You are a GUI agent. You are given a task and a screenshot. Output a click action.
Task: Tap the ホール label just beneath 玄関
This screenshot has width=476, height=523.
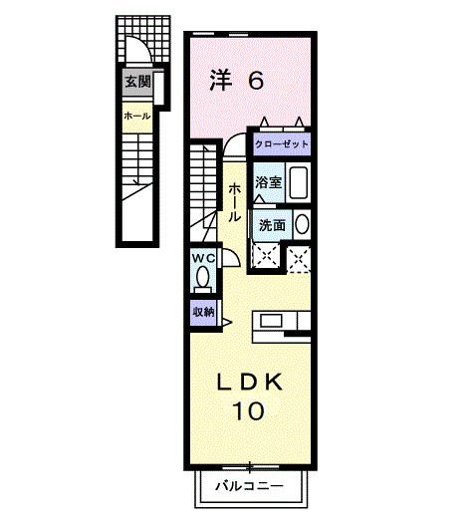(137, 117)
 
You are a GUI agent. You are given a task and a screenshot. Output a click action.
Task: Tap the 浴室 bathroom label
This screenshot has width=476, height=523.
(267, 183)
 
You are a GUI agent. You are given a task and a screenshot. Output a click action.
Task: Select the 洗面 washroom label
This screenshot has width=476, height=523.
(272, 225)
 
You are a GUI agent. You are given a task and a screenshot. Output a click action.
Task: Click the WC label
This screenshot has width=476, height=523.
(203, 257)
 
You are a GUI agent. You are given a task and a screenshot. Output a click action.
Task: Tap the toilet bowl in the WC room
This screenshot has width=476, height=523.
(202, 278)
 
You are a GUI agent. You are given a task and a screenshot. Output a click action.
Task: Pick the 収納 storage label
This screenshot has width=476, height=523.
(203, 312)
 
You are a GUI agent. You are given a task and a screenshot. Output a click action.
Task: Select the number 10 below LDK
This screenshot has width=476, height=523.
(249, 409)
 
